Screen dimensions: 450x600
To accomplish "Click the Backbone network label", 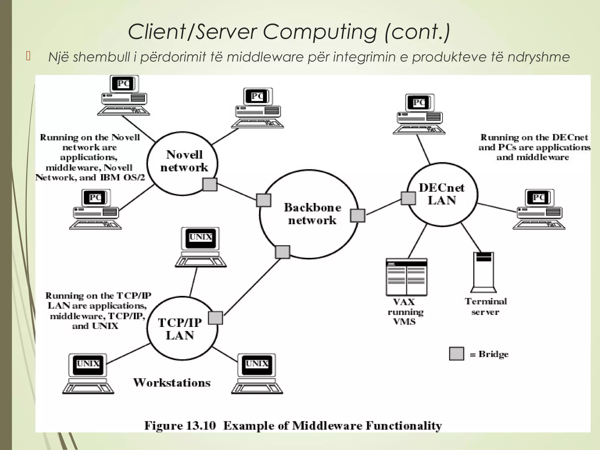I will (312, 214).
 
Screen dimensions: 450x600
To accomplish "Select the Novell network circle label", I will (184, 161).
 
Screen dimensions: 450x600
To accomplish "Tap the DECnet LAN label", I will (442, 194).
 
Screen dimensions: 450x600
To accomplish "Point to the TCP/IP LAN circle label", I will (180, 329).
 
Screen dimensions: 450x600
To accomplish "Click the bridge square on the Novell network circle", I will (210, 184).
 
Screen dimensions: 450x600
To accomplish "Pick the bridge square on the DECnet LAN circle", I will (408, 198).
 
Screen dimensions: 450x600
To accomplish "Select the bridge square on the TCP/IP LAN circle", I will (215, 318).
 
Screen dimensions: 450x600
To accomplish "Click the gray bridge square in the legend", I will (456, 354).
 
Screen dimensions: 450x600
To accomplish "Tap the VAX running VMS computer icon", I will (406, 277).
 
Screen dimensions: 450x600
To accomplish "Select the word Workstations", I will (172, 383).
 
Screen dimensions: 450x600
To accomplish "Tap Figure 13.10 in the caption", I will (180, 426).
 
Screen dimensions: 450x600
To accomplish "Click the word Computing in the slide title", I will (320, 32).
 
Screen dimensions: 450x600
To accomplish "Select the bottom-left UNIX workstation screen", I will (88, 364).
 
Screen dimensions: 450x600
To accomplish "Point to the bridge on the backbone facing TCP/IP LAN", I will (282, 252).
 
